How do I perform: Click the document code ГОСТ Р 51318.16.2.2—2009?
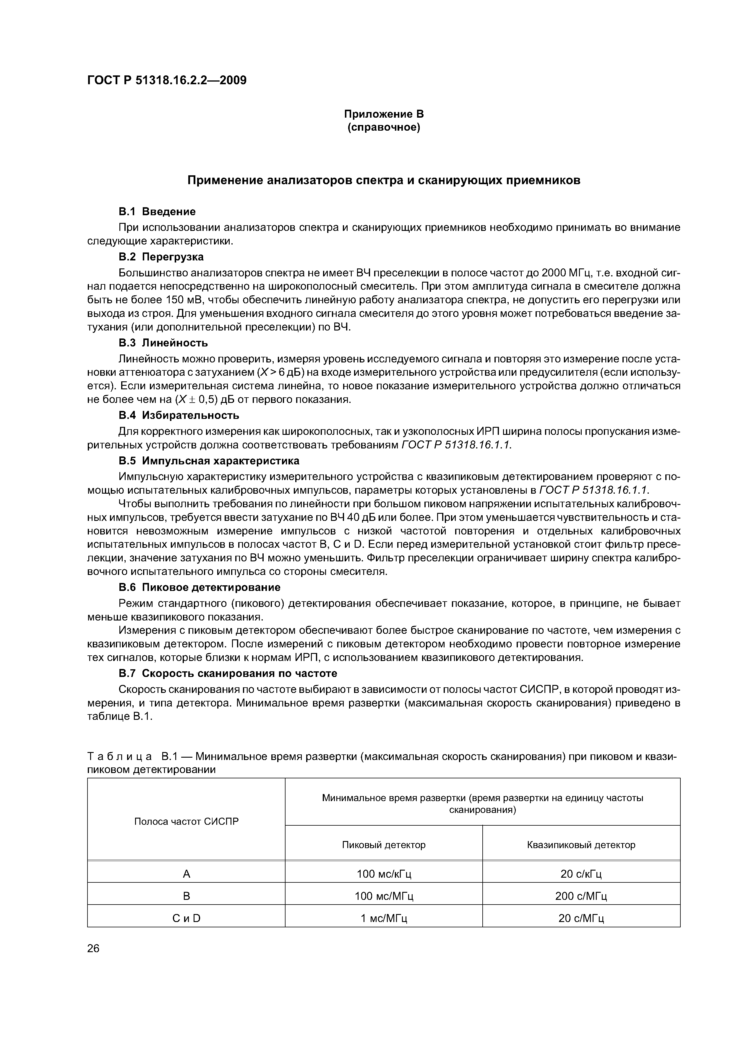(167, 81)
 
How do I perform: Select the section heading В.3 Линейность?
(163, 343)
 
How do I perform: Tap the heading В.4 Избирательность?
(179, 415)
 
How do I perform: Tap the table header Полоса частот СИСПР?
(186, 822)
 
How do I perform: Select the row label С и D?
(186, 918)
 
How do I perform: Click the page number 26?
(93, 949)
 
